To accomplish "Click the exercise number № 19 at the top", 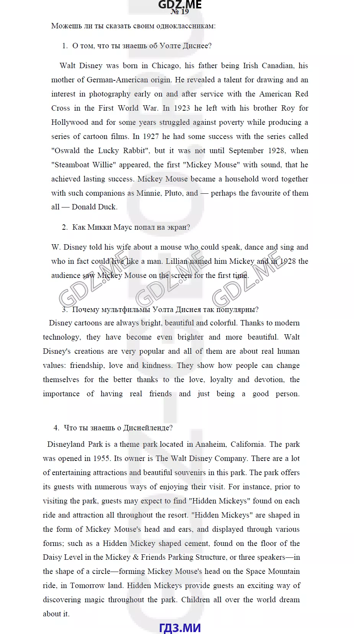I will coord(180,11).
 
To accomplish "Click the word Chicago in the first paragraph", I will coord(166,65).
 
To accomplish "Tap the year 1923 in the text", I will coord(182,108).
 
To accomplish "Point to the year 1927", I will coord(151,136).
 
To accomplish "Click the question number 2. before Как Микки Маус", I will coord(65,227).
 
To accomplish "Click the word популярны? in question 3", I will coord(237,309).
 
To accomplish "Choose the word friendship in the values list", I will coord(87,365).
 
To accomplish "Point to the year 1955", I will coord(102,458).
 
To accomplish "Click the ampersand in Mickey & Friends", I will coord(136,557).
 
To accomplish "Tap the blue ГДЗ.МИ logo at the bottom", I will coord(180,627).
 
